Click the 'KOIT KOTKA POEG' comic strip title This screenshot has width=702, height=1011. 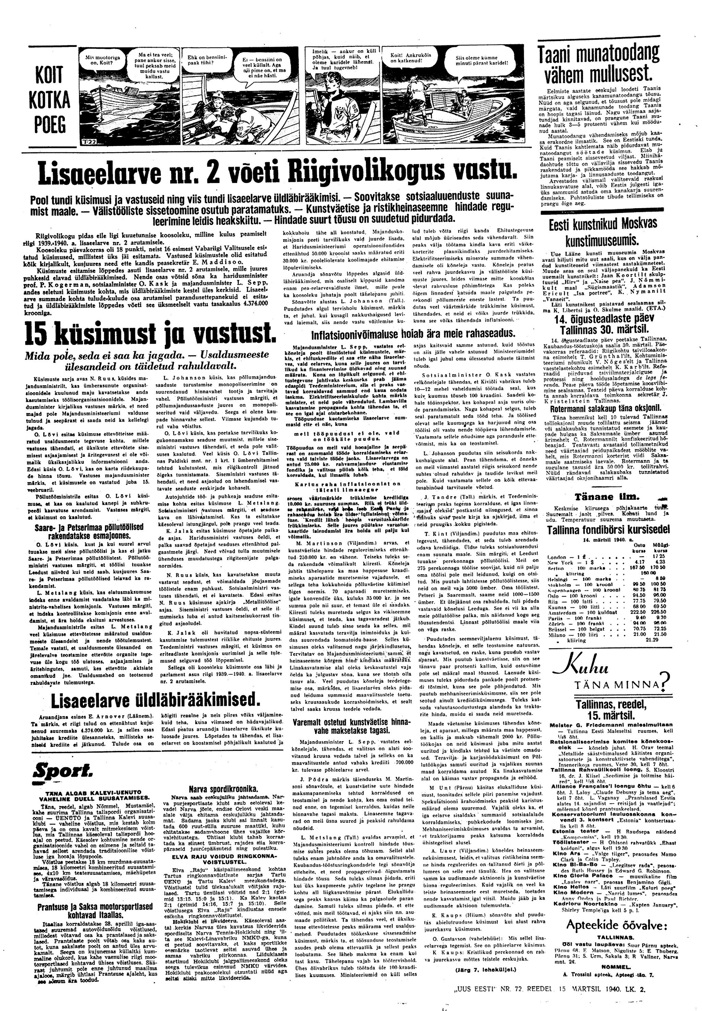pos(51,100)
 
